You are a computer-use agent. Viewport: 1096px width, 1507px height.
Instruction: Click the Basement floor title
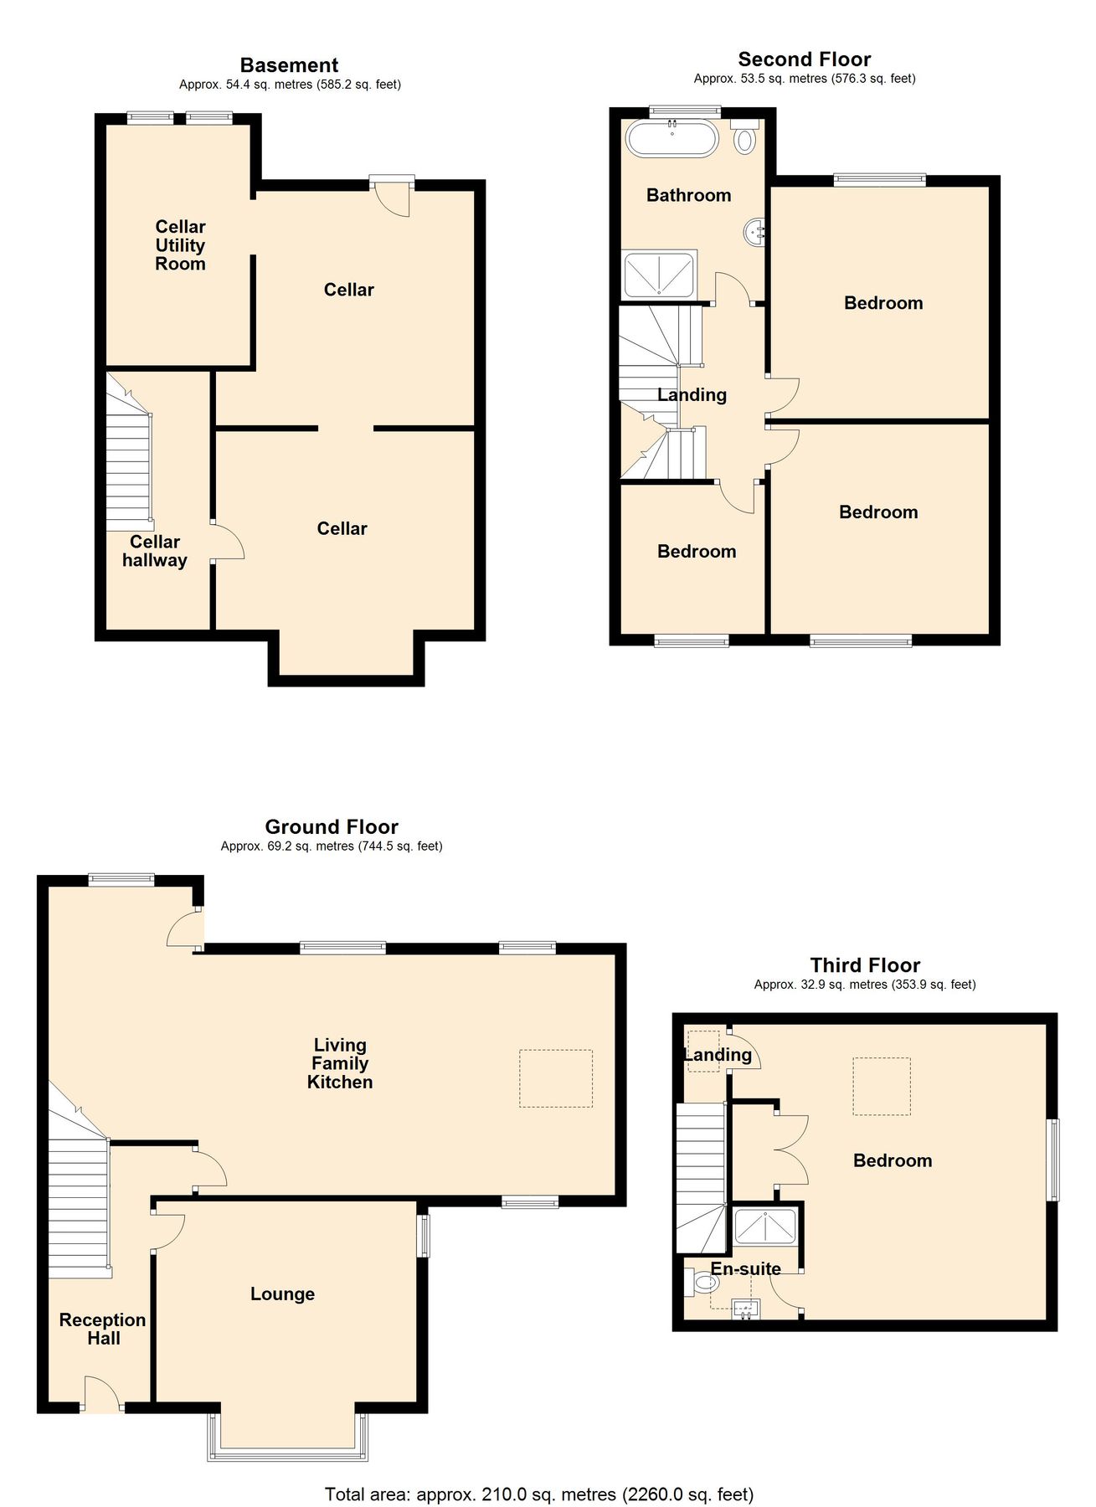tap(289, 65)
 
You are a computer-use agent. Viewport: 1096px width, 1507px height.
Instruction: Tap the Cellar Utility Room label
tap(180, 245)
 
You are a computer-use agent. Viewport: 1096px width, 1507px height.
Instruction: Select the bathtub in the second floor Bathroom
tap(671, 138)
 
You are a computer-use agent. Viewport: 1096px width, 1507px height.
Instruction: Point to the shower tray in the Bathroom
tap(660, 275)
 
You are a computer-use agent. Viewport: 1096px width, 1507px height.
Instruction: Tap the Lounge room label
tap(282, 1294)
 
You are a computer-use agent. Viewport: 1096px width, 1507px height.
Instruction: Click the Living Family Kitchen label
tap(339, 1063)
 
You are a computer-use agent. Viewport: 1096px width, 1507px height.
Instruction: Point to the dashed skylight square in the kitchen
tap(555, 1078)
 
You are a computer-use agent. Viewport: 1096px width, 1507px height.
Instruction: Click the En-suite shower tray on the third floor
tap(764, 1227)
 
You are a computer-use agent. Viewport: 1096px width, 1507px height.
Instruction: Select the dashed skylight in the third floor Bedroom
tap(881, 1086)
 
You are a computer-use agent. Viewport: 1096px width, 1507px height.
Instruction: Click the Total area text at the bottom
tap(539, 1494)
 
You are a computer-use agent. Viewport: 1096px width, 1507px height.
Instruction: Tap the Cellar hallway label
tap(154, 552)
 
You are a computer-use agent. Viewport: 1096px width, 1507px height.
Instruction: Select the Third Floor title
tap(865, 965)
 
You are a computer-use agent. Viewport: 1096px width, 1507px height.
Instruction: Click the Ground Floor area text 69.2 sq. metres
tap(331, 846)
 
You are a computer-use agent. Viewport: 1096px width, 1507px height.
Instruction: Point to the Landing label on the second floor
tap(692, 395)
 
